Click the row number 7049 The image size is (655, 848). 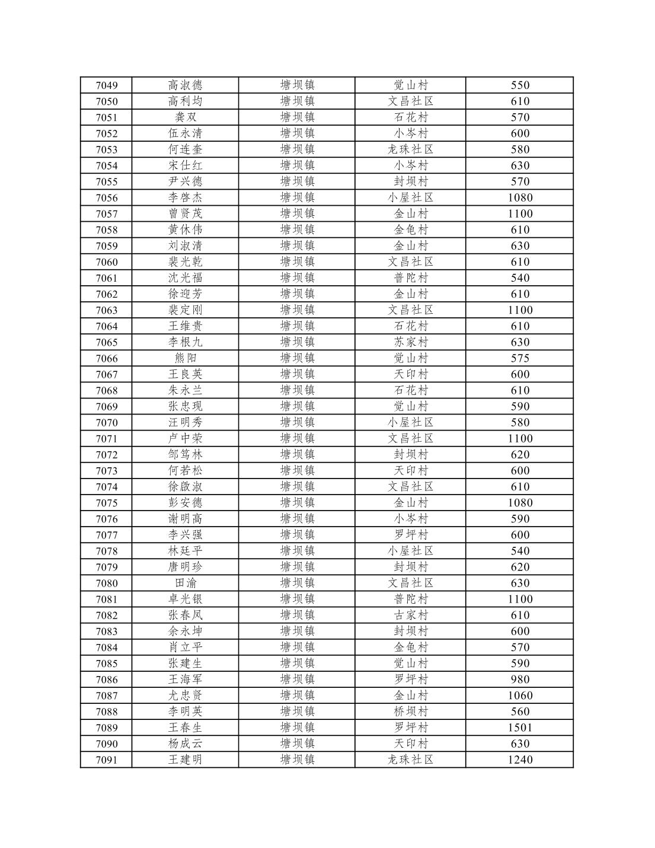(107, 85)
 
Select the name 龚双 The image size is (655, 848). (185, 117)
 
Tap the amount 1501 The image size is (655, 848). (520, 728)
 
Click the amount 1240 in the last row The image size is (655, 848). (520, 760)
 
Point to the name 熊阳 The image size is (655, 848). (185, 358)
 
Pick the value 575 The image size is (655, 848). (520, 358)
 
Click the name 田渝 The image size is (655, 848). (185, 583)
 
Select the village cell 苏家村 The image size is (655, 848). (410, 342)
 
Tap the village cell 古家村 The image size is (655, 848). (410, 615)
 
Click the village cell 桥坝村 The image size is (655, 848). (410, 712)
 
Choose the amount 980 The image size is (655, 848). (520, 680)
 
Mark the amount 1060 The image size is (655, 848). (520, 696)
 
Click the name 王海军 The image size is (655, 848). (185, 680)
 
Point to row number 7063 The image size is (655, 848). (107, 310)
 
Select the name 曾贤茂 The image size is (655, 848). (185, 213)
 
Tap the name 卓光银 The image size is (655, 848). (185, 599)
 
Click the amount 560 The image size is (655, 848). (520, 712)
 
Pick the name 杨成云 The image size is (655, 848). (185, 744)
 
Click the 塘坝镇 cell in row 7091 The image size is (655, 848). (297, 760)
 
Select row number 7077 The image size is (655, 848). (107, 535)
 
